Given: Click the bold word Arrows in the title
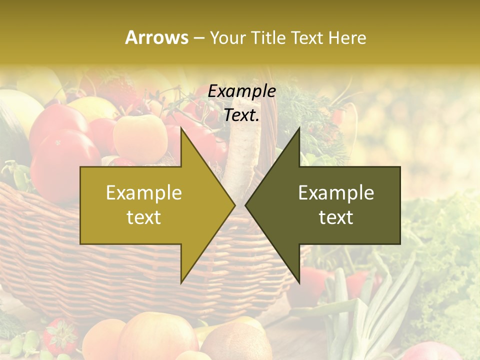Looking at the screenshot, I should tap(156, 37).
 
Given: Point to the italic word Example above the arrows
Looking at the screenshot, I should tap(242, 91).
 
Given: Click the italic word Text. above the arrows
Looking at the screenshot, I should tap(242, 115).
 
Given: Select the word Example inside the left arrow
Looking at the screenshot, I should tap(144, 192).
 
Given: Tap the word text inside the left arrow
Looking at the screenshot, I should tap(144, 217).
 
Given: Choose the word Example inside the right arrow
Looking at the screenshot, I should tap(336, 192).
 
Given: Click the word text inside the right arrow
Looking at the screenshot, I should tap(336, 217).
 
